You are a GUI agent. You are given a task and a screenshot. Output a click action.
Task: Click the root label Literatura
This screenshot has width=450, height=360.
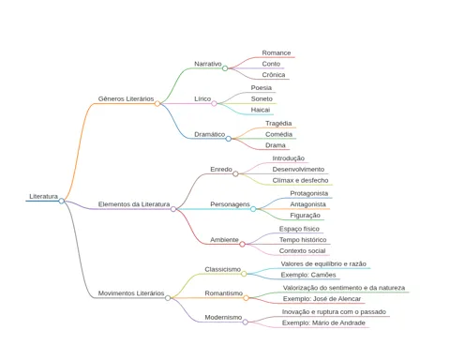(x=43, y=196)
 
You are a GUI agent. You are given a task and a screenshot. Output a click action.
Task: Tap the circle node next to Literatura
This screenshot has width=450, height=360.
(x=62, y=201)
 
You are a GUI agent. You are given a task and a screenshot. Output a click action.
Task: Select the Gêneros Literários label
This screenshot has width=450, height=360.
(x=126, y=98)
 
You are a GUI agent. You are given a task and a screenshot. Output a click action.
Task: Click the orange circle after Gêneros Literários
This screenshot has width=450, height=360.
(x=157, y=103)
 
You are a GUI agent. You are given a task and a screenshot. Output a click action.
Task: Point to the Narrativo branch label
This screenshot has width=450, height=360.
(x=208, y=64)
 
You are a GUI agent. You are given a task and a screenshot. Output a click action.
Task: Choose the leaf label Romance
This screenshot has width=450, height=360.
(x=277, y=52)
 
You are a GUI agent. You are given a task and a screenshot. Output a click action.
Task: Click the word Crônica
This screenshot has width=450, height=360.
(x=274, y=75)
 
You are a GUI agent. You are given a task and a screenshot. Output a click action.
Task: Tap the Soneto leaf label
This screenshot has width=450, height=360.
(x=262, y=98)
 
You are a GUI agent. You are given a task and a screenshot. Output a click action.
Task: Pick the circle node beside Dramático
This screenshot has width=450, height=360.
(x=229, y=139)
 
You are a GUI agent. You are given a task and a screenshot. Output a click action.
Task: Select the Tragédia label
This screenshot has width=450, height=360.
(x=278, y=124)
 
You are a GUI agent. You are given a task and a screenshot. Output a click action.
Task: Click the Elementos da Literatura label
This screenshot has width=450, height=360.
(x=134, y=204)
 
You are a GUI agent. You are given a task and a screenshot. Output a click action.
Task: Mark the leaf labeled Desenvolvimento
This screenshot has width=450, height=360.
(x=298, y=170)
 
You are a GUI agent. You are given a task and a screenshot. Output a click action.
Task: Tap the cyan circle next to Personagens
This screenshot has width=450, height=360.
(x=253, y=209)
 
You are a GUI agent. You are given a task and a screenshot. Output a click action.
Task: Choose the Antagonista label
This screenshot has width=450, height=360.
(x=307, y=204)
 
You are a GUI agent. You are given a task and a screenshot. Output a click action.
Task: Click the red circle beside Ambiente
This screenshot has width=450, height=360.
(x=242, y=244)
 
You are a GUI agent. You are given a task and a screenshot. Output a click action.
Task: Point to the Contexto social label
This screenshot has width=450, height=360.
(x=302, y=250)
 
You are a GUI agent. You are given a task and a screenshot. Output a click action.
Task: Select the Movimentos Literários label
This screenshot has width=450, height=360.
(x=131, y=293)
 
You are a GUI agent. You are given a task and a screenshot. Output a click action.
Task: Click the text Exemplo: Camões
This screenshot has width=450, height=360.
(x=308, y=275)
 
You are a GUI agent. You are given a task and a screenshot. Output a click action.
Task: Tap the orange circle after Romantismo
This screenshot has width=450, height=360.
(x=246, y=298)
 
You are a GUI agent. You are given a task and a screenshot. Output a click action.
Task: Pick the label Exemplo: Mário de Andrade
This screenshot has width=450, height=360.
(x=323, y=322)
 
